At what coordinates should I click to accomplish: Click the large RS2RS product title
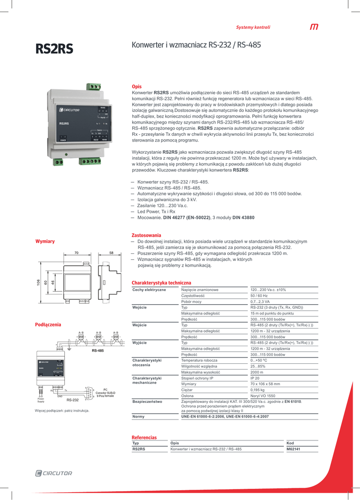[x=54, y=49]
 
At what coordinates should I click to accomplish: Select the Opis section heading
[x=137, y=86]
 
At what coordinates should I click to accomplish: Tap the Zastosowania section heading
[x=146, y=235]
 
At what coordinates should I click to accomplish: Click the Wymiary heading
[x=45, y=241]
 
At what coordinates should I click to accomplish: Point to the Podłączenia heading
[x=48, y=324]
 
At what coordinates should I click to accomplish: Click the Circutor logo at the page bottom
[x=54, y=473]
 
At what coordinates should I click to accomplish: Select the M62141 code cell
[x=293, y=449]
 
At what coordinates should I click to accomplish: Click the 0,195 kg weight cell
[x=258, y=390]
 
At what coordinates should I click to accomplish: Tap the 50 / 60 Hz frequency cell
[x=259, y=295]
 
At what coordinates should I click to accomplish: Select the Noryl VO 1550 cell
[x=263, y=396]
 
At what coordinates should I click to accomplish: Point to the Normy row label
[x=139, y=417]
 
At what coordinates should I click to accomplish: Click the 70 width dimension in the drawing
[x=77, y=252]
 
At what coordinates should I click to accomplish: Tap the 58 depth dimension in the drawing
[x=111, y=252]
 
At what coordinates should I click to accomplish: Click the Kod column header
[x=290, y=443]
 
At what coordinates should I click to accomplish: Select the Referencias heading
[x=144, y=437]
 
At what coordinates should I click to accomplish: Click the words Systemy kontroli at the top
[x=253, y=27]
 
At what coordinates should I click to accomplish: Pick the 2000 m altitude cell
[x=258, y=372]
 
